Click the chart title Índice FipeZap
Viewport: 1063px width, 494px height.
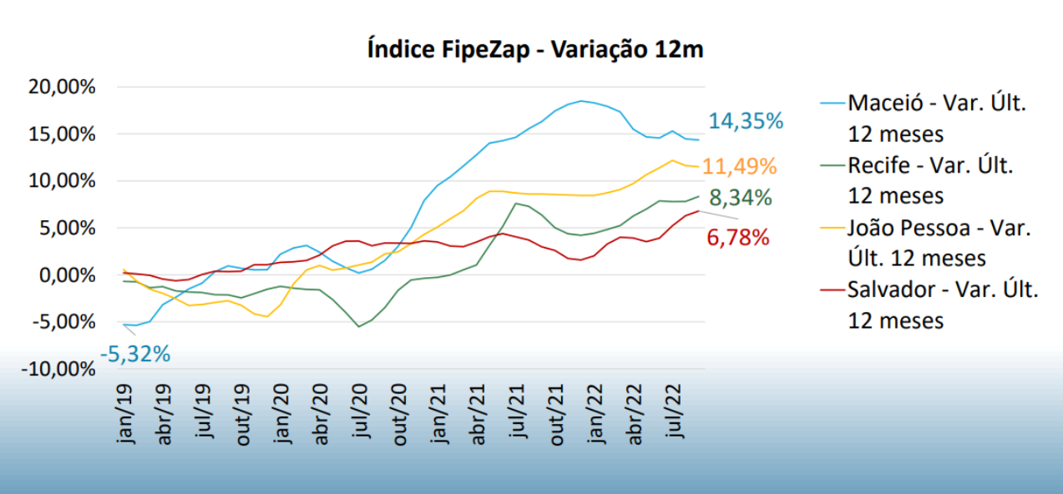(535, 49)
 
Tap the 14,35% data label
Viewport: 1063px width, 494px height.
(746, 121)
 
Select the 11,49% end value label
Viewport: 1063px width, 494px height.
(739, 166)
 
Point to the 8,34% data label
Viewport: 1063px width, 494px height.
(741, 199)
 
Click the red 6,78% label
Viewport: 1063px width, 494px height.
(737, 238)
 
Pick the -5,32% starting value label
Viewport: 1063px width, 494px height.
(135, 354)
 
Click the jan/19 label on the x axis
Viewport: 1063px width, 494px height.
(126, 413)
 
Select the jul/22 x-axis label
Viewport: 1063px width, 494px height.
(676, 413)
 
